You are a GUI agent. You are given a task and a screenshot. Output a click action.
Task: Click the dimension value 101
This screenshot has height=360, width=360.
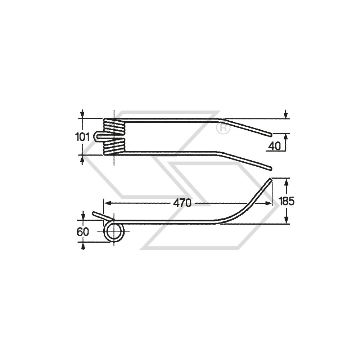[x=82, y=137]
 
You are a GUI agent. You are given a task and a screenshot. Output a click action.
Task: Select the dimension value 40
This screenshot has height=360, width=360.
[x=275, y=146]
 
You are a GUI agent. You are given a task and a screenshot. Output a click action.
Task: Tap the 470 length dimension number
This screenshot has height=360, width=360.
[x=182, y=203]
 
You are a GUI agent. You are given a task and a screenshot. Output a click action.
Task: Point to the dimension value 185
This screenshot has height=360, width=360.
[x=286, y=201]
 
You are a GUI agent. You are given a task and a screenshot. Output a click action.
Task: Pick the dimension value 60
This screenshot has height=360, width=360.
[x=82, y=232]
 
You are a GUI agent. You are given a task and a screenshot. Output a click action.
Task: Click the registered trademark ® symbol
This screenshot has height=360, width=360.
[x=223, y=129]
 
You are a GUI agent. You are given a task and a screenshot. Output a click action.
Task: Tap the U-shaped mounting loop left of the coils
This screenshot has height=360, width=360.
[x=99, y=136]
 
